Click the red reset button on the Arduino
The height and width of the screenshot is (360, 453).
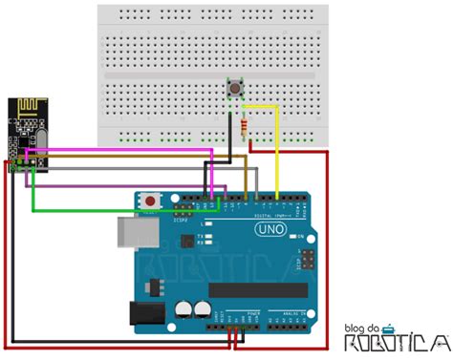click(151, 201)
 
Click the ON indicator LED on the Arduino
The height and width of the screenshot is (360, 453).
click(299, 236)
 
